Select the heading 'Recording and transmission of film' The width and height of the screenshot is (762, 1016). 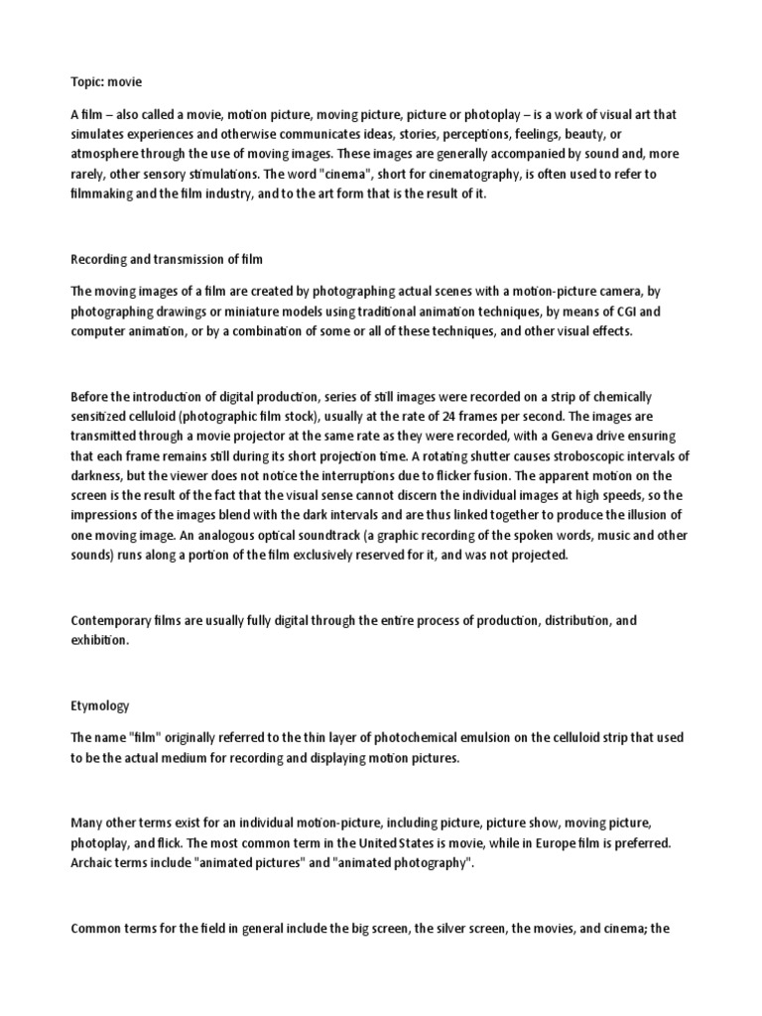point(165,259)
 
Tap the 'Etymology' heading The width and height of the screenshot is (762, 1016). point(100,705)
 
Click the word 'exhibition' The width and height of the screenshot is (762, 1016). point(99,640)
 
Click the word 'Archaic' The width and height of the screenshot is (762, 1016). point(91,862)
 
